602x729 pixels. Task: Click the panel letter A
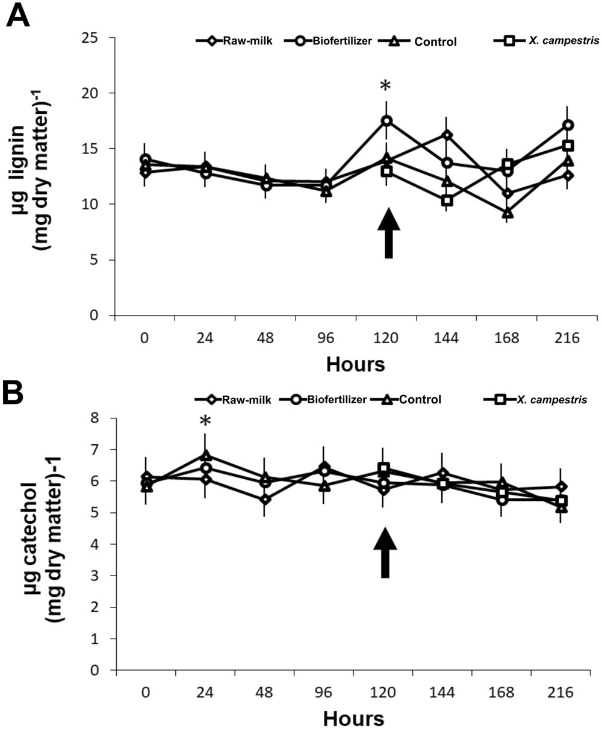pyautogui.click(x=18, y=16)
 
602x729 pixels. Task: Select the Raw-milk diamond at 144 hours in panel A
pyautogui.click(x=447, y=135)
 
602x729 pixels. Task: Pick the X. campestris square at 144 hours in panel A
pyautogui.click(x=447, y=200)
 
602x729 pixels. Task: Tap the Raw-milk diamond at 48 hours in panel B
pyautogui.click(x=265, y=499)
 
